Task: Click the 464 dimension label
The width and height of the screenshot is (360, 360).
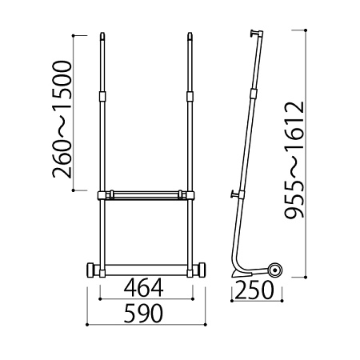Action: tap(143, 288)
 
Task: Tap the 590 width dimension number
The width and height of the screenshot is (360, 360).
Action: tap(143, 314)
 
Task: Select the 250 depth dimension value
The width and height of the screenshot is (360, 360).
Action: tap(254, 290)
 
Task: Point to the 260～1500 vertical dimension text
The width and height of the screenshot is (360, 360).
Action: tap(62, 119)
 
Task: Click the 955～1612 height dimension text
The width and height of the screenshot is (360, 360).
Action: tap(294, 159)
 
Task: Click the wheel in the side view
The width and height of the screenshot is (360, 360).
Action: tap(274, 271)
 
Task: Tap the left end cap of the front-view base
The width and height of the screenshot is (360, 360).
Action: tap(90, 270)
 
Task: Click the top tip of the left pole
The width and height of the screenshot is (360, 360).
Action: tap(103, 33)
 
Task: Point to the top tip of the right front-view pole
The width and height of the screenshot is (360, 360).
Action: tap(190, 33)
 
